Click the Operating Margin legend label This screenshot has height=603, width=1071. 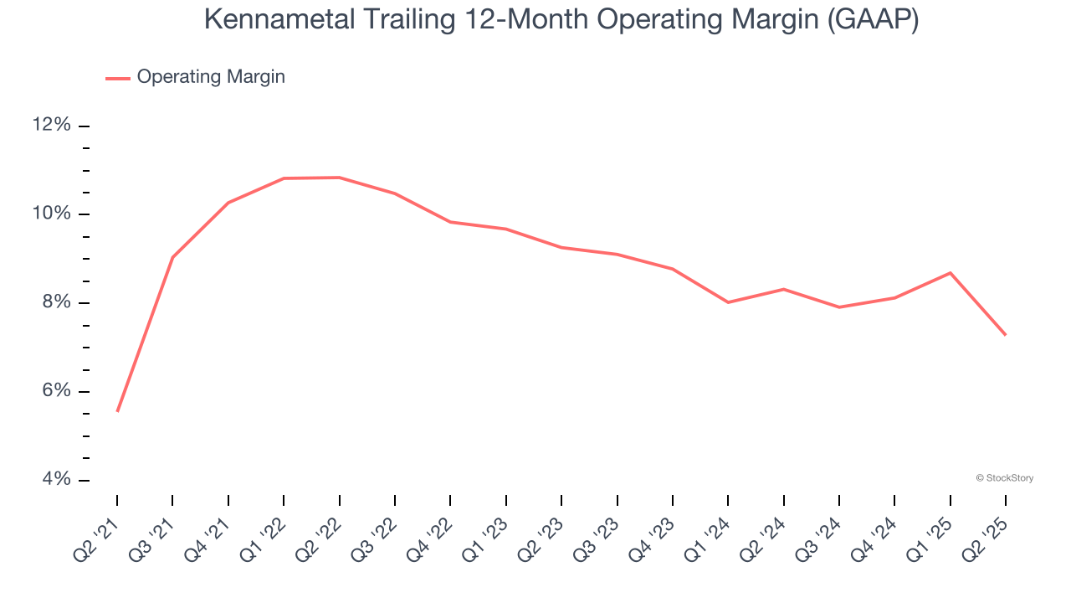(x=211, y=77)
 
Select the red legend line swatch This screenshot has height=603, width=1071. (x=118, y=78)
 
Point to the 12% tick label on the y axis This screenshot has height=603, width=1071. (x=51, y=125)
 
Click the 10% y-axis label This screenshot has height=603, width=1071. (x=51, y=214)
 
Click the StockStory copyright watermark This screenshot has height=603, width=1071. (x=1004, y=478)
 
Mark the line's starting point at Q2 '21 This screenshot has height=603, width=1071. (x=117, y=411)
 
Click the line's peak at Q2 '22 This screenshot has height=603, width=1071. (x=339, y=178)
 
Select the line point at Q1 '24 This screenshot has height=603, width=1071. (x=728, y=302)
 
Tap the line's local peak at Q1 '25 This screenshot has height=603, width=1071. (x=951, y=273)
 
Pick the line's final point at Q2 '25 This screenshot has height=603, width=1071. (x=1005, y=335)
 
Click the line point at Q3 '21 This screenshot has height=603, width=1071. (x=172, y=257)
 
